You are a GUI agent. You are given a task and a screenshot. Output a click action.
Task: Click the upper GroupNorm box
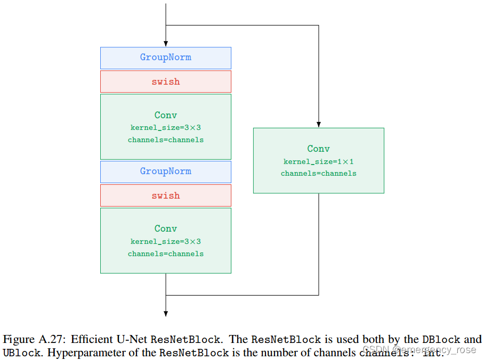pos(165,58)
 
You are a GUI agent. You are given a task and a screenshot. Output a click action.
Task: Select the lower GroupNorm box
pos(165,171)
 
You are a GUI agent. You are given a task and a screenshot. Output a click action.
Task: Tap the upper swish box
pos(165,81)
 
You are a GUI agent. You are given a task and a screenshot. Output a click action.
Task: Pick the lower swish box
pos(165,195)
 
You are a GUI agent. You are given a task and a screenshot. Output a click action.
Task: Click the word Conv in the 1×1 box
pos(318,149)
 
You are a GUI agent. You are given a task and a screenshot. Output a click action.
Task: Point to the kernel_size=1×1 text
pos(318,161)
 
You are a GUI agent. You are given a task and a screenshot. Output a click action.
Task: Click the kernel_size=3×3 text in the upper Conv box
pos(165,128)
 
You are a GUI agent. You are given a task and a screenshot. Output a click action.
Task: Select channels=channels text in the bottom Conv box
pos(165,254)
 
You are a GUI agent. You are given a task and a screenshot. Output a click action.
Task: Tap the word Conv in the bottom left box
pos(165,229)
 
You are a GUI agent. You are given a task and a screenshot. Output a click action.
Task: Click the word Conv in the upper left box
pos(165,116)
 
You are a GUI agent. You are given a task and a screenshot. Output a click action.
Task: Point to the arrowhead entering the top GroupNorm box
pos(166,44)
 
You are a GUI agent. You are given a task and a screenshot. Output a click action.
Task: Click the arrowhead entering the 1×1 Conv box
pos(318,124)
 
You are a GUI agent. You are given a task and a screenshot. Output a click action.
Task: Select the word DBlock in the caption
pos(441,340)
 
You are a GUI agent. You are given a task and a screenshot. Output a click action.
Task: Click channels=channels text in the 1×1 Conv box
pos(318,174)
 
